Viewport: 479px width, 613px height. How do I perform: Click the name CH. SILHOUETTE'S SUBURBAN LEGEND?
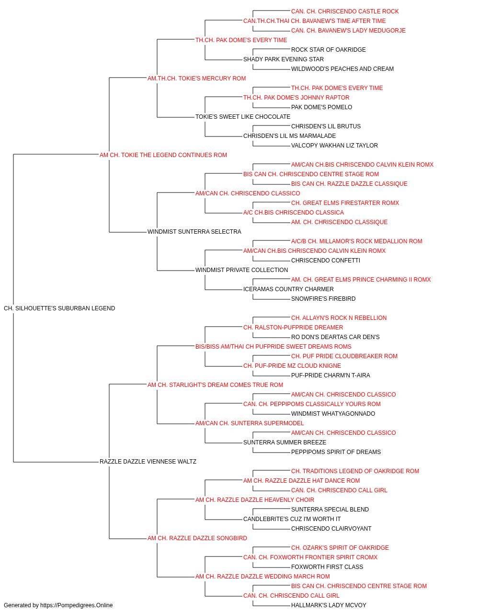click(x=59, y=308)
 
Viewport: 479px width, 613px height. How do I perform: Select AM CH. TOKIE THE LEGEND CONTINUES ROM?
click(x=163, y=155)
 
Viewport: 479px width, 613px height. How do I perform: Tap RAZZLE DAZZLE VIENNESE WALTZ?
click(x=148, y=462)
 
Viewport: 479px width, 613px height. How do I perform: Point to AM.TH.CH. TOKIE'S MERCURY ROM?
click(x=196, y=79)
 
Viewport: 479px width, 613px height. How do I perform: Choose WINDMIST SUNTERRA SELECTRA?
click(x=194, y=232)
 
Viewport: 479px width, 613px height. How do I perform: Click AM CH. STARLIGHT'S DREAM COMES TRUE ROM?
click(x=215, y=385)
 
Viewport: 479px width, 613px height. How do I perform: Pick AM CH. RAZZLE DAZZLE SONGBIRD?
click(x=197, y=538)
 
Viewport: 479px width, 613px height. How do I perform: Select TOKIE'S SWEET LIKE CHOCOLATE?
click(x=243, y=117)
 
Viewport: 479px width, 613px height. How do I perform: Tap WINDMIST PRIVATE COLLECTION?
click(x=242, y=270)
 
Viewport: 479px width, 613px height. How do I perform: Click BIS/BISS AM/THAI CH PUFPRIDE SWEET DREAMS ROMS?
click(x=274, y=346)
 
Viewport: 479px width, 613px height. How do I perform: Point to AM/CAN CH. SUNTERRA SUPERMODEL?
click(x=250, y=423)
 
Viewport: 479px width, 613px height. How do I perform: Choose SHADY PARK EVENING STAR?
click(x=284, y=59)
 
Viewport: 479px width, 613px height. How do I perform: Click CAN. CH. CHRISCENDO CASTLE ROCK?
click(x=345, y=11)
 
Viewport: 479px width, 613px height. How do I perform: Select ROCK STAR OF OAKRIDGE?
click(x=329, y=50)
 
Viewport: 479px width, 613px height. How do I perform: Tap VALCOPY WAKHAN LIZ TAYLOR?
click(x=334, y=145)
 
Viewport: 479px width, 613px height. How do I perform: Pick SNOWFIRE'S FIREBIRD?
click(x=323, y=299)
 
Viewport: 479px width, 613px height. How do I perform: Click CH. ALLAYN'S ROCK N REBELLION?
click(x=339, y=318)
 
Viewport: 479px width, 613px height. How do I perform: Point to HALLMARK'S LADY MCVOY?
click(x=329, y=605)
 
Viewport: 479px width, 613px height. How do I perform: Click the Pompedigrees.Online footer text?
click(x=58, y=605)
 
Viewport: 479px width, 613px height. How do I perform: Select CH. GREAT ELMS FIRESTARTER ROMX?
click(x=345, y=203)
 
